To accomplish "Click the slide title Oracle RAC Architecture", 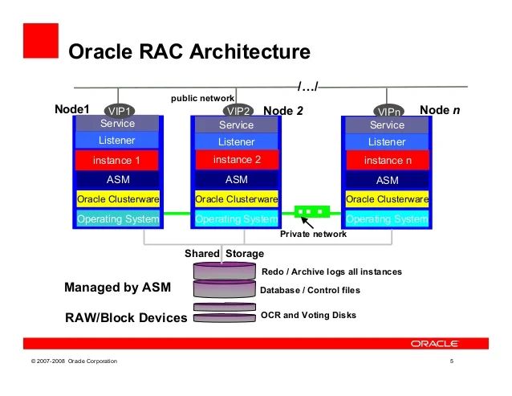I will pyautogui.click(x=189, y=52).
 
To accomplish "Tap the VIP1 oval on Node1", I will pyautogui.click(x=120, y=111).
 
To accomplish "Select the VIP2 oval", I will pyautogui.click(x=238, y=111).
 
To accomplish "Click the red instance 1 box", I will pyautogui.click(x=117, y=161).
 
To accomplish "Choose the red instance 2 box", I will pyautogui.click(x=236, y=160).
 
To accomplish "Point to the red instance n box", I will pyautogui.click(x=387, y=161).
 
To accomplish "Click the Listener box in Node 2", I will pyautogui.click(x=236, y=142).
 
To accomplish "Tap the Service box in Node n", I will pyautogui.click(x=387, y=125).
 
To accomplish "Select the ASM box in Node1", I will pyautogui.click(x=117, y=180).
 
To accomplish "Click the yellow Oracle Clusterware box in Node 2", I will pyautogui.click(x=236, y=199).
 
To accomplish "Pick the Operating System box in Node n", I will pyautogui.click(x=387, y=218).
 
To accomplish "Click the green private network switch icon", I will pyautogui.click(x=312, y=213).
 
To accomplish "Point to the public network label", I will pyautogui.click(x=202, y=98).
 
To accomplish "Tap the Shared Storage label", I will pyautogui.click(x=224, y=254).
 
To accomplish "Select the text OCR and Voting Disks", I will pyautogui.click(x=308, y=316).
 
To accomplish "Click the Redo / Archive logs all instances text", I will pyautogui.click(x=331, y=272).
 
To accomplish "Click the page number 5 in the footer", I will pyautogui.click(x=453, y=361).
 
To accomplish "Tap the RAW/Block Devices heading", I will pyautogui.click(x=126, y=318).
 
